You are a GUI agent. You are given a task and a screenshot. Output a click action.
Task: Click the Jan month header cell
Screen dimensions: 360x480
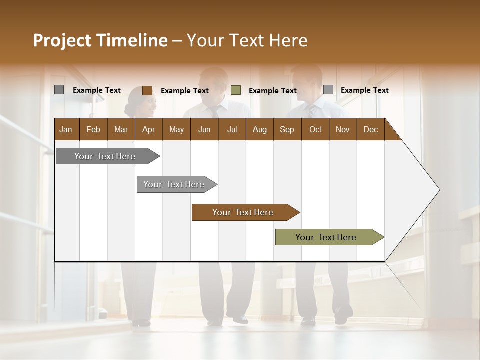pyautogui.click(x=66, y=129)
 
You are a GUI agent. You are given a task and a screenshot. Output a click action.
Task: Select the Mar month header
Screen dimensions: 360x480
pyautogui.click(x=121, y=129)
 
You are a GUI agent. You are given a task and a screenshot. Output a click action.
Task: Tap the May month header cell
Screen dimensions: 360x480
pyautogui.click(x=176, y=129)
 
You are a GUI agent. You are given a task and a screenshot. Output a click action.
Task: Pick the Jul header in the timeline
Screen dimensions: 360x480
pyautogui.click(x=232, y=129)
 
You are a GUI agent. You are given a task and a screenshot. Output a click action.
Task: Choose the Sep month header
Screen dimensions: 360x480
pyautogui.click(x=287, y=129)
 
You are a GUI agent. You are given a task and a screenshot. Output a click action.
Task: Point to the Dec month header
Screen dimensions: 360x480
pyautogui.click(x=370, y=129)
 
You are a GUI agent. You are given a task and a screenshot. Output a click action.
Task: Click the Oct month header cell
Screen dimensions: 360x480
pyautogui.click(x=315, y=129)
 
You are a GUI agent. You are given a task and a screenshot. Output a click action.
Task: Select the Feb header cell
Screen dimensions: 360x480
pyautogui.click(x=93, y=129)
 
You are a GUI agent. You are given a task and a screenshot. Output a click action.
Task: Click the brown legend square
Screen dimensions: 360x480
pyautogui.click(x=147, y=90)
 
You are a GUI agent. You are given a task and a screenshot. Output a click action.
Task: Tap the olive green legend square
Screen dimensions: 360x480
pyautogui.click(x=236, y=90)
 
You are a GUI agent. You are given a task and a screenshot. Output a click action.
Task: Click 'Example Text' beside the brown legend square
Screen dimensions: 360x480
pyautogui.click(x=184, y=91)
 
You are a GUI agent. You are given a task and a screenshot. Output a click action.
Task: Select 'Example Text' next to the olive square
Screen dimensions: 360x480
pyautogui.click(x=272, y=91)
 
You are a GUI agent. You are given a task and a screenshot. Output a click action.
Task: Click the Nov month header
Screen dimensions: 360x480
pyautogui.click(x=342, y=129)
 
